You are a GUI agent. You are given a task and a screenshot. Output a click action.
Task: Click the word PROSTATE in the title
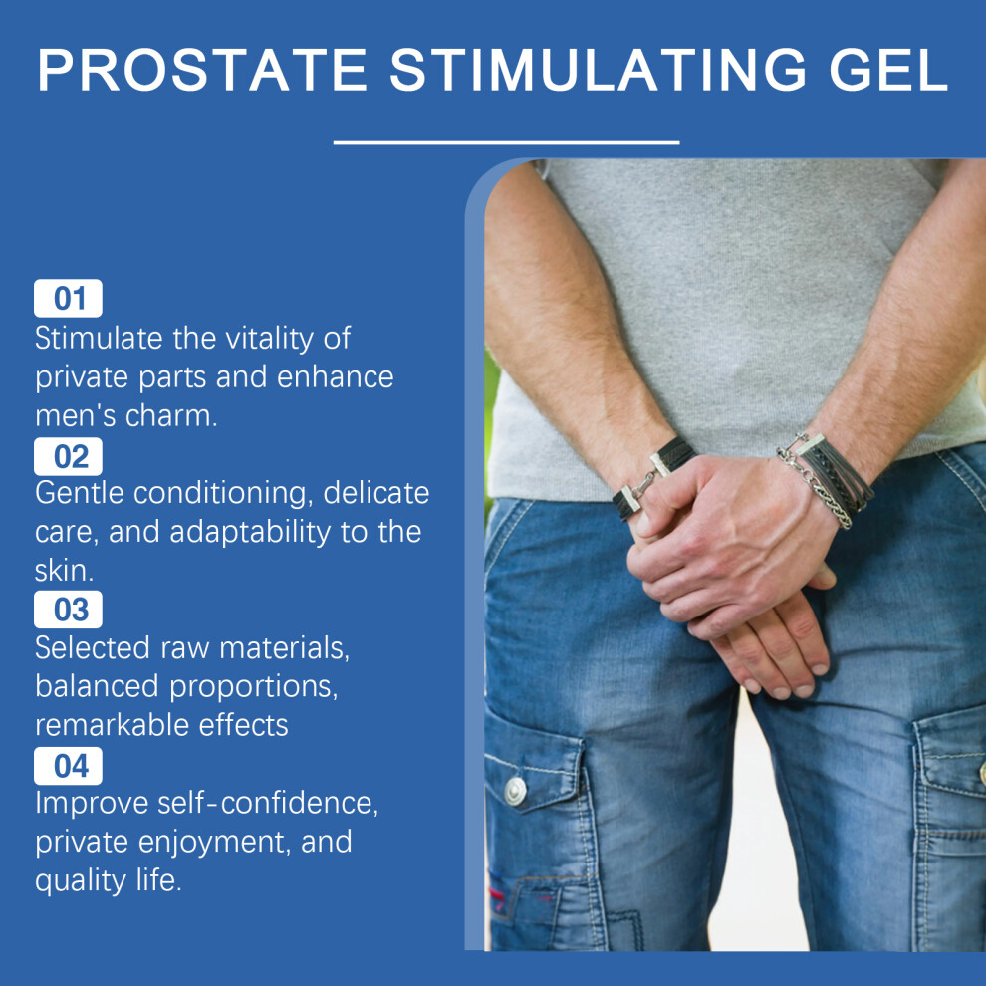(x=202, y=69)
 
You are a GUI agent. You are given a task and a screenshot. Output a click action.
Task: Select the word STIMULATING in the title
(x=598, y=69)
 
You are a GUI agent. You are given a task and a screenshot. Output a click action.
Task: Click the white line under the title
(x=506, y=143)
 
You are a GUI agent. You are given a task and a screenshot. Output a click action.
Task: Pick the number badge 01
(x=68, y=298)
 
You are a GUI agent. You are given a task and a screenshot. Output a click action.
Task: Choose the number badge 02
(x=68, y=456)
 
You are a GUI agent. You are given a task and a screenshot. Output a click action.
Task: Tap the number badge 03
(x=68, y=610)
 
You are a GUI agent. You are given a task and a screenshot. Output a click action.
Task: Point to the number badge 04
(x=68, y=766)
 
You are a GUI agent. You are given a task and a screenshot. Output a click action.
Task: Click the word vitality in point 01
(x=270, y=340)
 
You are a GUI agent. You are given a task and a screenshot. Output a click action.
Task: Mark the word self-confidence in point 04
(x=268, y=803)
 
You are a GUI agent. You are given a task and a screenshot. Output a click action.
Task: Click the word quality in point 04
(x=81, y=881)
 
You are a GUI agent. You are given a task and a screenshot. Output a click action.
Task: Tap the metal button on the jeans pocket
(x=515, y=791)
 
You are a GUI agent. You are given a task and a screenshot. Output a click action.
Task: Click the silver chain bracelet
(x=815, y=483)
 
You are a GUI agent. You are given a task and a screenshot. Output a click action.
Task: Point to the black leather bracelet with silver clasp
(x=654, y=477)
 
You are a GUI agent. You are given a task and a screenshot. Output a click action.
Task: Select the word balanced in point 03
(x=97, y=686)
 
